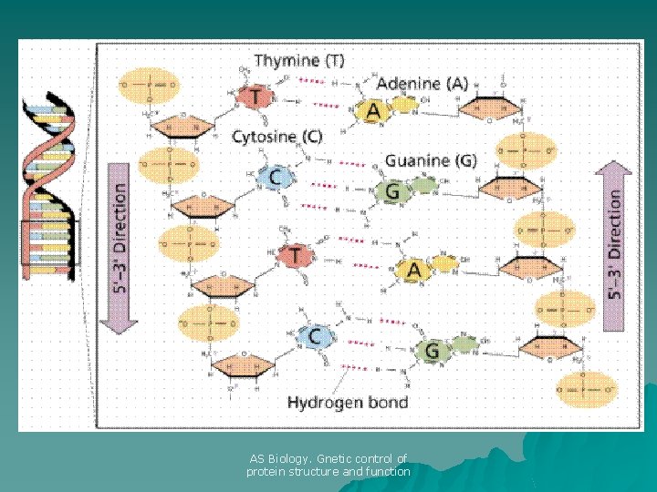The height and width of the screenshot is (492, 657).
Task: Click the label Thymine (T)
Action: [x=298, y=61]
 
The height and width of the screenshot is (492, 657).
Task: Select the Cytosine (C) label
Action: [x=276, y=137]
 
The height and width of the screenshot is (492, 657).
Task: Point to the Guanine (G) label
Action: [x=430, y=160]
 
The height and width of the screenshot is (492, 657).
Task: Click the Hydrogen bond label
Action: [x=347, y=402]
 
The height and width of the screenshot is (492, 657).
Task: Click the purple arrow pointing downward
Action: [x=120, y=246]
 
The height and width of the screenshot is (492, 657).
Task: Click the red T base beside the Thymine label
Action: [x=255, y=97]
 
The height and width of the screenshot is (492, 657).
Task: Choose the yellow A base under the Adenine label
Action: [x=372, y=111]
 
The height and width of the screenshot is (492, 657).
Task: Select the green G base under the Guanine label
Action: [x=392, y=191]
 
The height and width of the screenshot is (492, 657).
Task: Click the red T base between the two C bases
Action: [x=295, y=256]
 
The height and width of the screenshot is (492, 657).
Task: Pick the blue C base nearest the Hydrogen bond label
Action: [x=315, y=336]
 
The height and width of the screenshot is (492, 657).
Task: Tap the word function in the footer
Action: [x=389, y=472]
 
